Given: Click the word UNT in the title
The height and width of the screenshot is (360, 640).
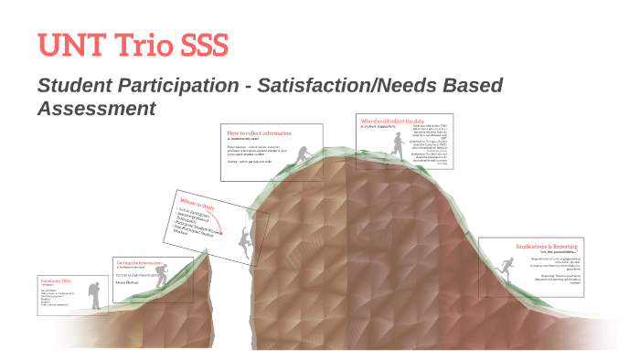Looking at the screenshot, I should (x=69, y=46).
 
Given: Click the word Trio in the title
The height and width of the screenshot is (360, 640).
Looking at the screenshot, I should (x=142, y=46).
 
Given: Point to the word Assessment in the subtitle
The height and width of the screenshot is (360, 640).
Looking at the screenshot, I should (x=95, y=108).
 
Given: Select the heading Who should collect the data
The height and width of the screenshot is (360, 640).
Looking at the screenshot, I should (x=392, y=121).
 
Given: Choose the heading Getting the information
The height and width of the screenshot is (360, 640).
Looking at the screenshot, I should (x=136, y=260).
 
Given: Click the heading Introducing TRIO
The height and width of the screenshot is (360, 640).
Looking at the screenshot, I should (x=55, y=281).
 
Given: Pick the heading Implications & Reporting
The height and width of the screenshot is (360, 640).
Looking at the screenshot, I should (x=548, y=246).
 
